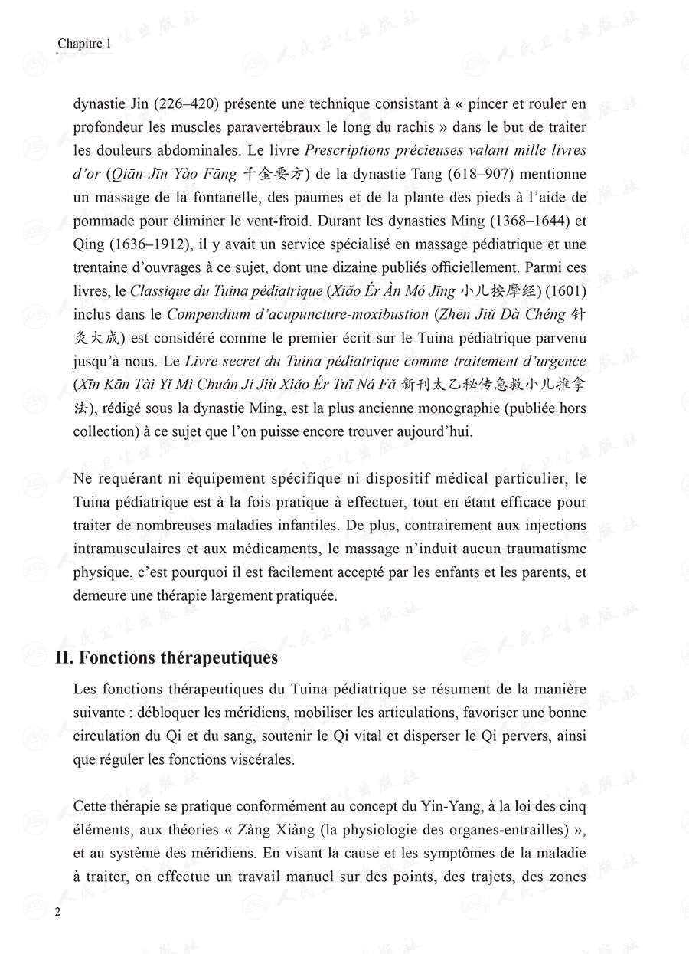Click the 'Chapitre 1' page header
85,45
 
